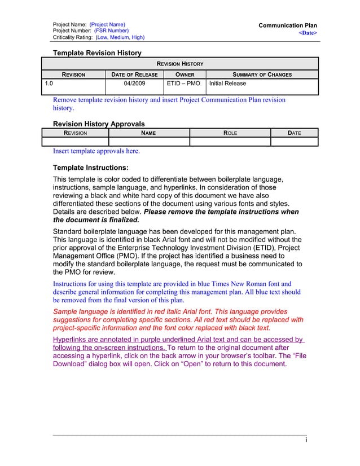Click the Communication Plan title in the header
pos(287,25)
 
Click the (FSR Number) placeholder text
pos(111,30)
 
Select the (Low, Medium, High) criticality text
pos(120,37)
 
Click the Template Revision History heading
pos(96,53)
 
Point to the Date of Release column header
pos(134,74)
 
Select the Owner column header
pos(185,74)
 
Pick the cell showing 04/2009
pos(134,83)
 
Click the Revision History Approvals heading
pos(98,124)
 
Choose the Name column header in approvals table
pos(148,133)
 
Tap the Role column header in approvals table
pos(230,133)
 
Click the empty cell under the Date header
pos(294,142)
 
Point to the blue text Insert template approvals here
pos(96,151)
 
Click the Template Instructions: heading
pos(90,168)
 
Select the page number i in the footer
pos(305,441)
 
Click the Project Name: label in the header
pos(69,24)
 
